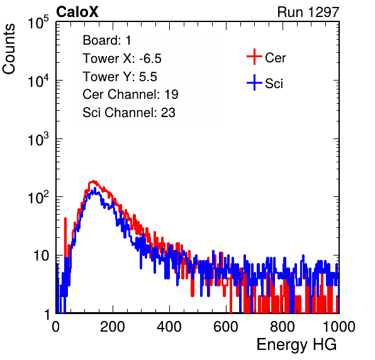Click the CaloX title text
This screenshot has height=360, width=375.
pos(77,12)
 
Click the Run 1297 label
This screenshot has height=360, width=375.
pos(308,12)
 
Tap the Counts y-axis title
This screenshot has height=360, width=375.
pos(9,49)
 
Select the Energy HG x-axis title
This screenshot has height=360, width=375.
pos(296,345)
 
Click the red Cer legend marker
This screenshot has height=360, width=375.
pos(254,57)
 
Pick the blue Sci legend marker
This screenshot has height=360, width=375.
pos(254,82)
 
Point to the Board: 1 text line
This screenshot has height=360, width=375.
pos(107,40)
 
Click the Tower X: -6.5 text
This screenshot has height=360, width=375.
pos(122,59)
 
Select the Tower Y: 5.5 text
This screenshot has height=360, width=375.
pos(120,77)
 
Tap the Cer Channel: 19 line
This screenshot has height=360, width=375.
pos(130,94)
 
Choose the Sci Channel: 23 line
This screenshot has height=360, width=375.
pos(129,113)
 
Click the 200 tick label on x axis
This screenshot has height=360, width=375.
pos(113,327)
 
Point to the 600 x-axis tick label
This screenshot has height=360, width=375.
pos(226,327)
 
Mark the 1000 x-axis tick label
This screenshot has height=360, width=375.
pos(339,327)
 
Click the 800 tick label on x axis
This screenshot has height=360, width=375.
pos(283,327)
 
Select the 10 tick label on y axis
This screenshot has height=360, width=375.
pos(42,256)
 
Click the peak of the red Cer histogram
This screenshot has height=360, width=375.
pos(93,181)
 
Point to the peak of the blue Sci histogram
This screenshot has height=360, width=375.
pos(95,188)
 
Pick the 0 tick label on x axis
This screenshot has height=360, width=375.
pos(56,327)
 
